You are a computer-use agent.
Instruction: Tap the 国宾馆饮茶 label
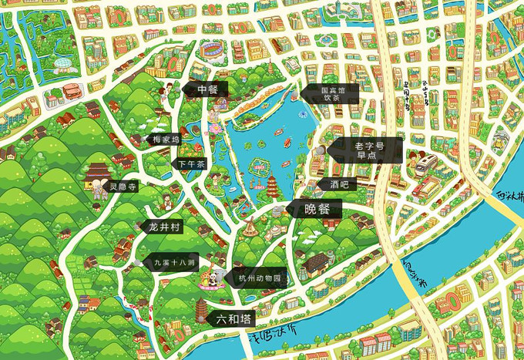pyautogui.click(x=329, y=94)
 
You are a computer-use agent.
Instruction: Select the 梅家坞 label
pyautogui.click(x=166, y=140)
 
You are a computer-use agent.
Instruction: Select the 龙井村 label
pyautogui.click(x=164, y=227)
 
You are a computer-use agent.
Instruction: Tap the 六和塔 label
pyautogui.click(x=233, y=317)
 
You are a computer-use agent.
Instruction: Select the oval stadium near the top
pyautogui.click(x=213, y=52)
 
